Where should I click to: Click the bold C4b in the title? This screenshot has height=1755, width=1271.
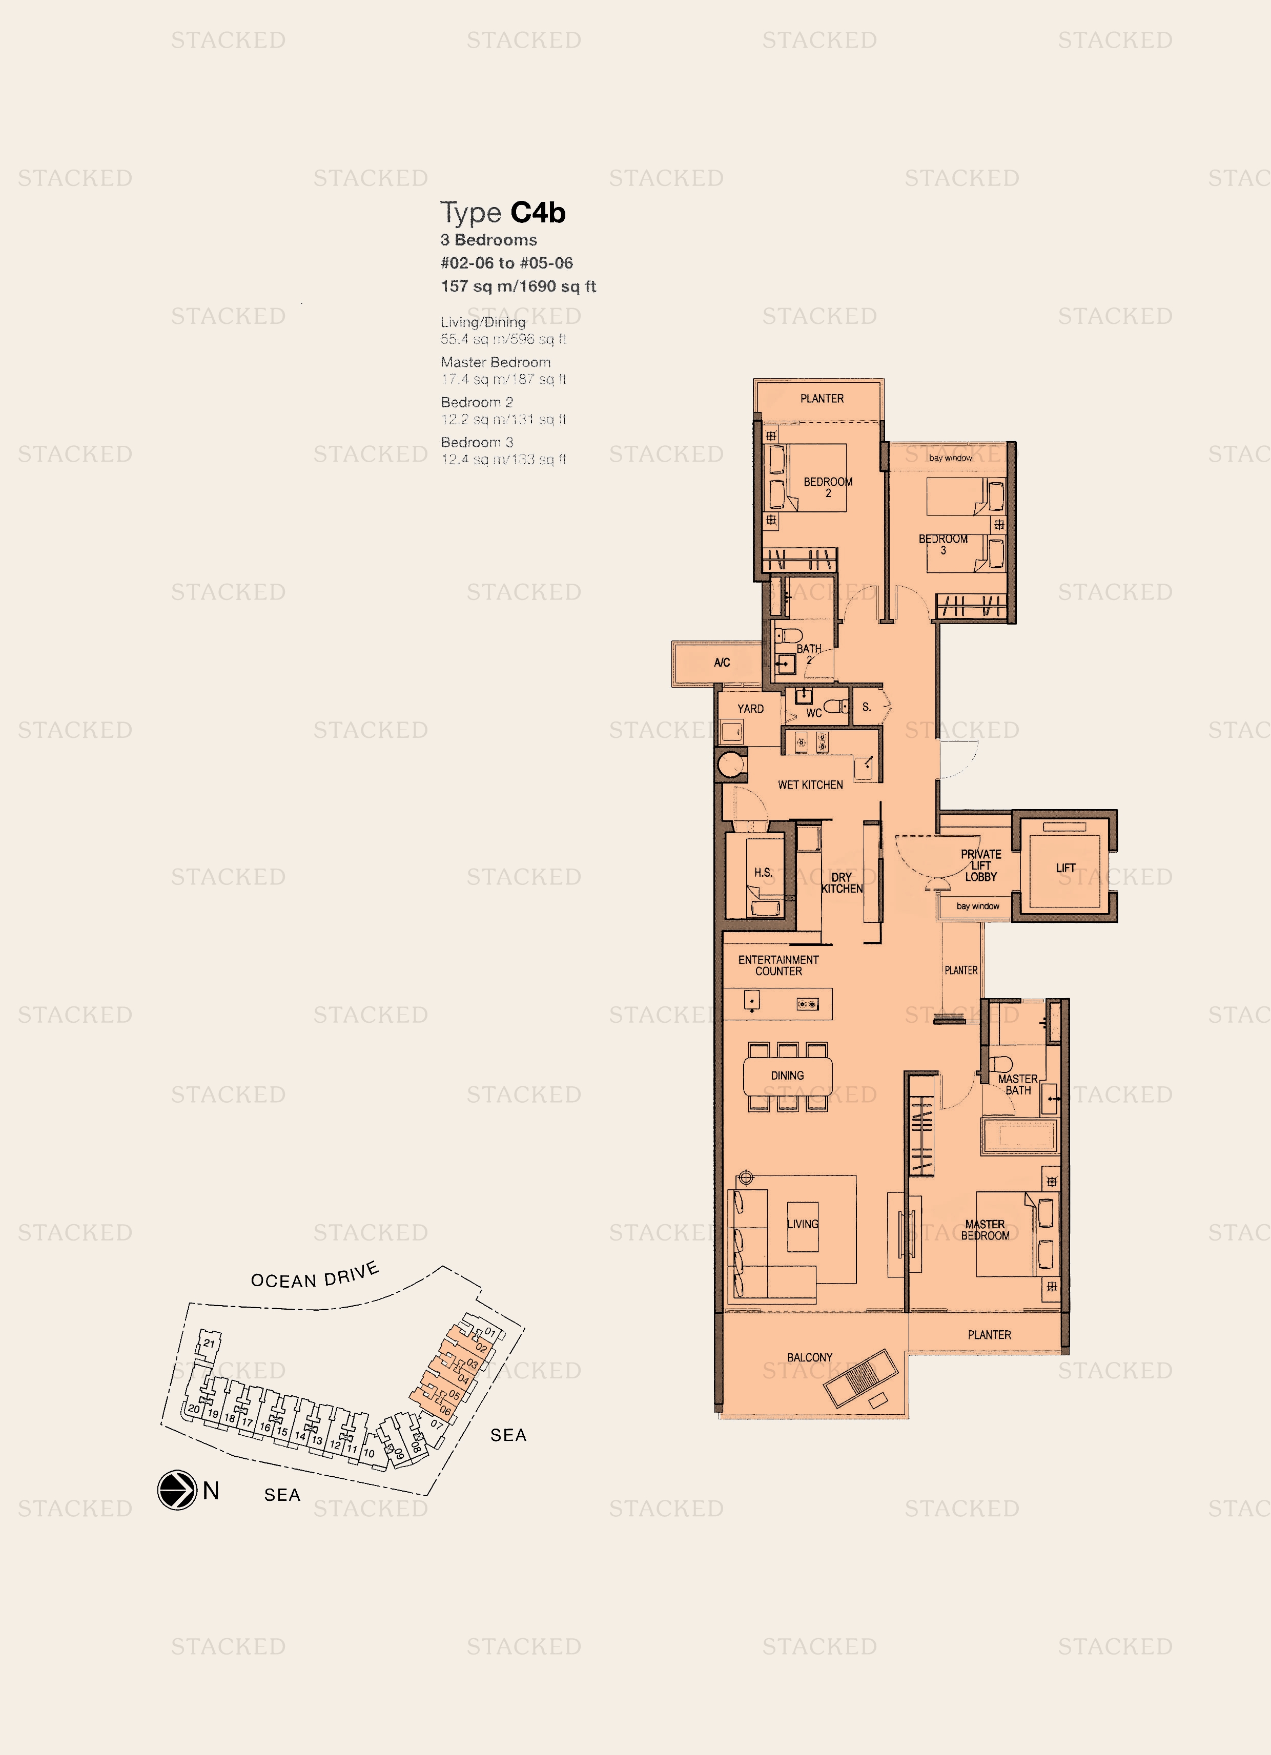pos(538,212)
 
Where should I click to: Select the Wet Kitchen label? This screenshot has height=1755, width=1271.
pos(810,784)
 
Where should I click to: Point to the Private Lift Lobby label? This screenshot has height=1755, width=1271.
pos(981,865)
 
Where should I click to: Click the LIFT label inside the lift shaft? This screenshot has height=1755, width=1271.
pos(1065,868)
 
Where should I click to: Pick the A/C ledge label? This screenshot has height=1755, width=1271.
pos(722,663)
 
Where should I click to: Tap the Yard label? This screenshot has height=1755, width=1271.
pos(750,709)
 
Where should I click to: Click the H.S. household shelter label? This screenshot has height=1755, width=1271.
pos(763,872)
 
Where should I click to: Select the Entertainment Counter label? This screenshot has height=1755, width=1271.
pos(778,965)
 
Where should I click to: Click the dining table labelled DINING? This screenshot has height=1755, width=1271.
pos(787,1076)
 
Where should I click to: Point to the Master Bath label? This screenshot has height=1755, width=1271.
pos(1018,1084)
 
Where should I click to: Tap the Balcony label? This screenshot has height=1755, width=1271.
pos(810,1357)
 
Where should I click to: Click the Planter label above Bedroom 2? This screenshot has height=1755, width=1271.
pos(821,399)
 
